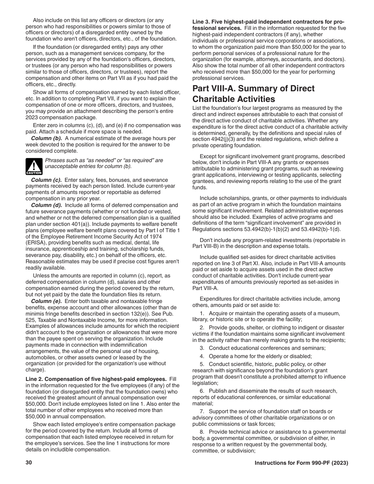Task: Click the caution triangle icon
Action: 34,166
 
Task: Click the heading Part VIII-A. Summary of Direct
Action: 253,89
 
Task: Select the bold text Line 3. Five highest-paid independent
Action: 263,22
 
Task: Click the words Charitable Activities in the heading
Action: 233,99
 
